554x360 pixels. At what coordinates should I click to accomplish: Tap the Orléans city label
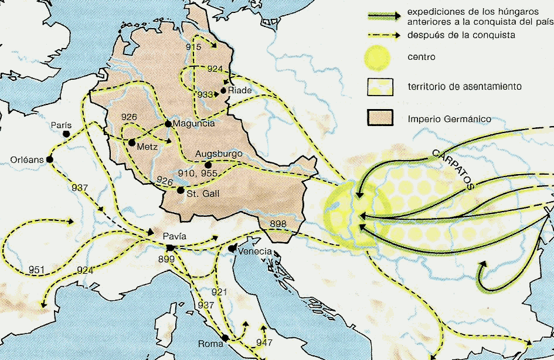(26, 159)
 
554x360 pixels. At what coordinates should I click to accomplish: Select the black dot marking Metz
(131, 142)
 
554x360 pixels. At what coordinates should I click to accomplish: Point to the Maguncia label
(193, 124)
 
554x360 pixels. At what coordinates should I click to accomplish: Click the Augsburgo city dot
(208, 165)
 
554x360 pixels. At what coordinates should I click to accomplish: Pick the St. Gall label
(203, 194)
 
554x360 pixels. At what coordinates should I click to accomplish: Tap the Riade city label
(240, 91)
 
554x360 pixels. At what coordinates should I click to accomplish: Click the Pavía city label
(175, 236)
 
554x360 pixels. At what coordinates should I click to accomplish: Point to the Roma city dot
(226, 338)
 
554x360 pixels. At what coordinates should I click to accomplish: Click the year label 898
(278, 225)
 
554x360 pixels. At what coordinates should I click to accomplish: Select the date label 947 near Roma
(265, 342)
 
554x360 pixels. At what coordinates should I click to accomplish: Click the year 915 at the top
(193, 47)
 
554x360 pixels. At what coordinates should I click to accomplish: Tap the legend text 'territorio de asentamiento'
(465, 87)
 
